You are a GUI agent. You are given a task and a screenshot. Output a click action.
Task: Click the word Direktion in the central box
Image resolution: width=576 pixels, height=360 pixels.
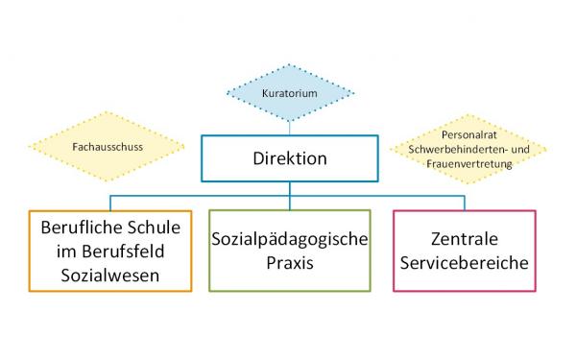click(x=289, y=158)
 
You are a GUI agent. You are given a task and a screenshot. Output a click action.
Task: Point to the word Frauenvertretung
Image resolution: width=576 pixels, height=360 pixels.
click(x=468, y=164)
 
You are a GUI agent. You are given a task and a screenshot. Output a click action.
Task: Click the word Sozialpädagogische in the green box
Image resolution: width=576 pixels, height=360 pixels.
click(x=289, y=238)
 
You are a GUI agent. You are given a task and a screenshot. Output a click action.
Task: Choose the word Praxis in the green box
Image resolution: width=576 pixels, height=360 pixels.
click(x=289, y=261)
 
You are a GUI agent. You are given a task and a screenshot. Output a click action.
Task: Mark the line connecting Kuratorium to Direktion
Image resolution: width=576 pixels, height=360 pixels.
click(x=289, y=129)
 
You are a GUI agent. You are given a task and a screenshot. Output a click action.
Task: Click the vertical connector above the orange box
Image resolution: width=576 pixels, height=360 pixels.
click(x=112, y=203)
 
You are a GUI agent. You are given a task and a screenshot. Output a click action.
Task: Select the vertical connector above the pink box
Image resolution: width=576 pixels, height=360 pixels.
click(x=465, y=203)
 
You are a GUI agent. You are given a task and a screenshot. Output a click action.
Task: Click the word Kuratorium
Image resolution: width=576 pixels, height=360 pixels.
click(x=289, y=93)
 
